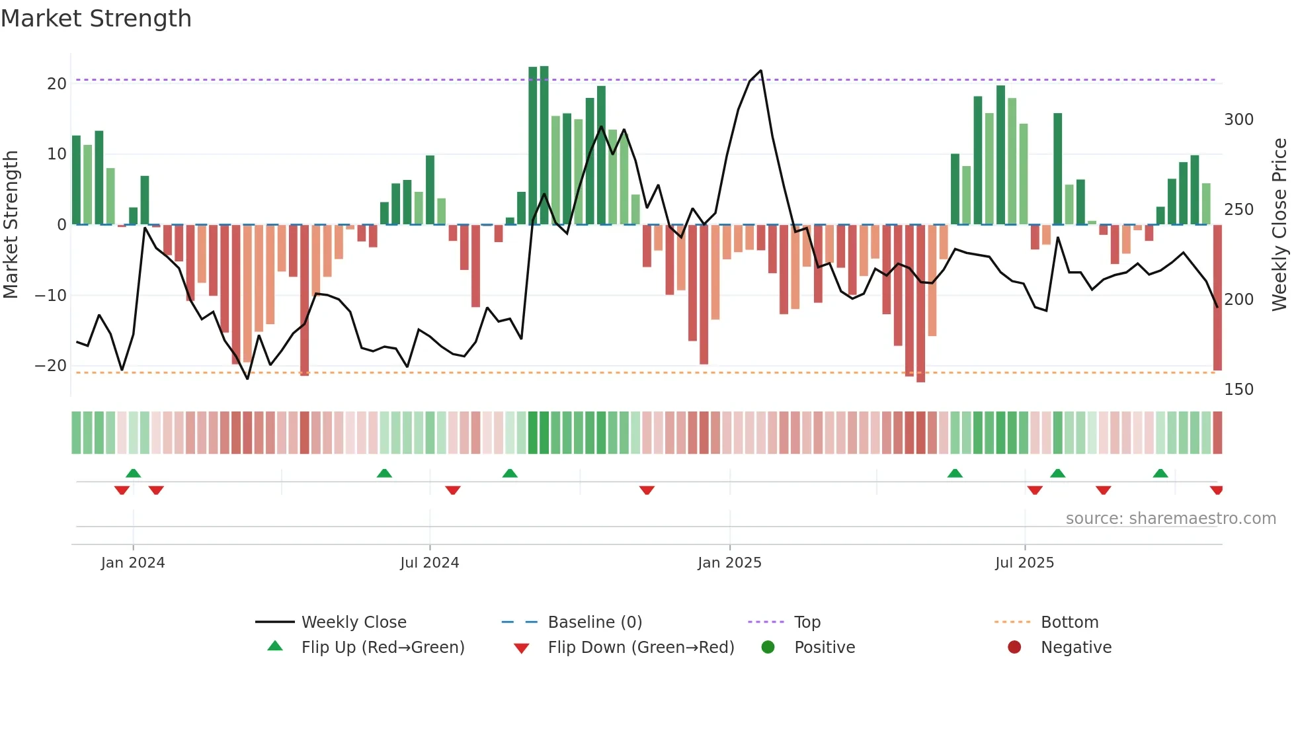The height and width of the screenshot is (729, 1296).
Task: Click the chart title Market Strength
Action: click(96, 19)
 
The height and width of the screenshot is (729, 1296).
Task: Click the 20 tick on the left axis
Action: click(57, 84)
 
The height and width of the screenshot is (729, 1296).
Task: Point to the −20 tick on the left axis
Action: click(52, 366)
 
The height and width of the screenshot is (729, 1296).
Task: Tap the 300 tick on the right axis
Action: click(1238, 120)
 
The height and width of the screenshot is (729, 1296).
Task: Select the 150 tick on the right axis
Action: click(1238, 390)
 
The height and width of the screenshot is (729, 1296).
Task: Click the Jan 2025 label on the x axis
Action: click(729, 563)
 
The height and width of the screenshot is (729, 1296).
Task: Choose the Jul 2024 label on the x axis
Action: click(429, 563)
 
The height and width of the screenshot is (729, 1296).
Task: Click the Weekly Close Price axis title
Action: click(1279, 225)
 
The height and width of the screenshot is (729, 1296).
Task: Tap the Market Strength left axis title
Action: click(11, 225)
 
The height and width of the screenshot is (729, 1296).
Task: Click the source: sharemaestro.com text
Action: click(1170, 519)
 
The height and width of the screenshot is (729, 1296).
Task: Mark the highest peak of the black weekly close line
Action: click(761, 71)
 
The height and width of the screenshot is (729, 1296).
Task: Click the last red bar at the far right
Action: click(1217, 298)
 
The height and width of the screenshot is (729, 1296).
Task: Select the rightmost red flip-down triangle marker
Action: click(1216, 490)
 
